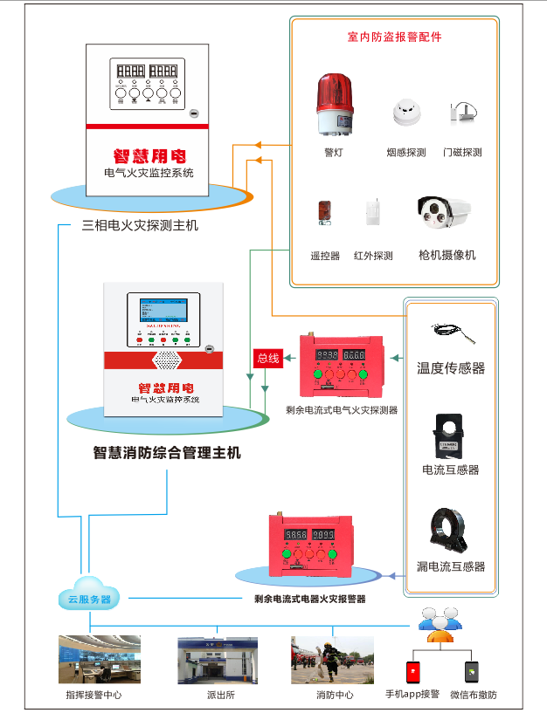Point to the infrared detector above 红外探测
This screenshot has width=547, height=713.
pyautogui.click(x=372, y=212)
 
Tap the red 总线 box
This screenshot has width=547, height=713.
pyautogui.click(x=267, y=358)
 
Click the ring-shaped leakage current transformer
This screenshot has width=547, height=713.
pyautogui.click(x=451, y=529)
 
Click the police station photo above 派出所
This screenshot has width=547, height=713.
pyautogui.click(x=218, y=659)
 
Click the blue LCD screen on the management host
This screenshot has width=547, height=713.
pyautogui.click(x=163, y=312)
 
